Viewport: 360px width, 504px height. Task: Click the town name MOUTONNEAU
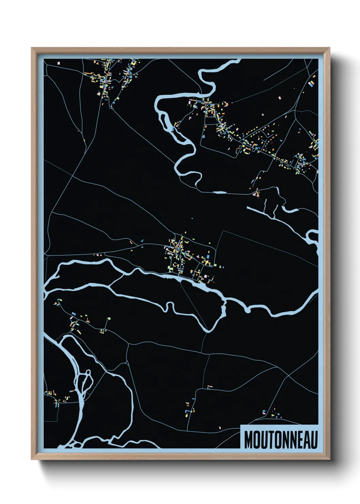(281, 440)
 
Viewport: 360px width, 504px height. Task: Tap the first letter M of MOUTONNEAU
(248, 440)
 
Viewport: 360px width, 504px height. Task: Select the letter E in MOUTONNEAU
(298, 440)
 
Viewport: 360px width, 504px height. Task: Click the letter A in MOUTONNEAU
(306, 440)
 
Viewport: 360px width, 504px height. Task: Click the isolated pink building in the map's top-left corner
(59, 63)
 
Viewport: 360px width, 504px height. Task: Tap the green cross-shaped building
(109, 319)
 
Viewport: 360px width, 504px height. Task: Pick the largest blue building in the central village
(208, 255)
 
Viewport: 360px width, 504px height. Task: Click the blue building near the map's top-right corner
(311, 84)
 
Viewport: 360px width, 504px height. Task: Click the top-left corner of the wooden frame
(32, 48)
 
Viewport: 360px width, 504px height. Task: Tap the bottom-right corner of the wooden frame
(330, 459)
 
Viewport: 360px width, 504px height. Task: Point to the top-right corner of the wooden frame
(330, 48)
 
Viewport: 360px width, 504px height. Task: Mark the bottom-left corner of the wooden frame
(32, 459)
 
